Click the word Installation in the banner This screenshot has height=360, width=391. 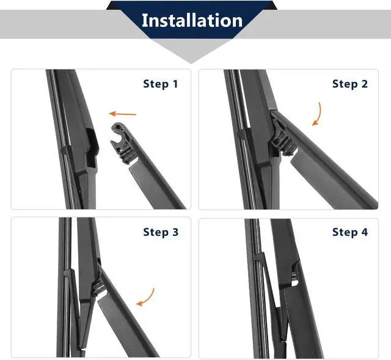[x=192, y=20]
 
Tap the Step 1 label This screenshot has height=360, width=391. [x=161, y=84]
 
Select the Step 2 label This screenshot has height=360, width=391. [x=350, y=84]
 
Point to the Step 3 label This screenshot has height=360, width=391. [x=161, y=232]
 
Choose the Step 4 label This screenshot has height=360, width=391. [x=350, y=232]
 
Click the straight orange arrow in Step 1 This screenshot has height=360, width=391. [x=123, y=114]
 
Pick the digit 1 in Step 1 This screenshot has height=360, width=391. [x=175, y=84]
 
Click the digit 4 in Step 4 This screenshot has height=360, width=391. [x=365, y=232]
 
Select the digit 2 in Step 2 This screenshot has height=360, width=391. [x=365, y=84]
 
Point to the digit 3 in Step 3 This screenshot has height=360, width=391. [x=175, y=232]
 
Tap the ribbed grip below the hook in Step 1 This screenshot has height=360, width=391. [x=127, y=153]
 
